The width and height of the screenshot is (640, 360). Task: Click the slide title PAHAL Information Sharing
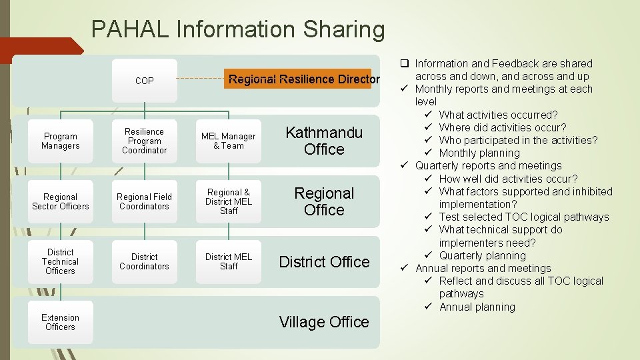pos(238,30)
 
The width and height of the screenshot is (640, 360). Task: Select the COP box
pos(144,81)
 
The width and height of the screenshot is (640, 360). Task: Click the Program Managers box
pos(60,141)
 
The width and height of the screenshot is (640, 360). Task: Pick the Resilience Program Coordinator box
pos(144,141)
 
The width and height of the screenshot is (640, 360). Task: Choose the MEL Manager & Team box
pos(229,141)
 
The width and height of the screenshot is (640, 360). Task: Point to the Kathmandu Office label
pos(324,141)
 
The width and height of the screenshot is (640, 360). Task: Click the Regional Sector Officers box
pos(60,202)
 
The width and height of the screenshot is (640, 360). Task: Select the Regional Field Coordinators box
pos(144,202)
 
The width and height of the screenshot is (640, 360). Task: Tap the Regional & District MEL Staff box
pos(229,202)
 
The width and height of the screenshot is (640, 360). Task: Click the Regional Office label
pos(324,202)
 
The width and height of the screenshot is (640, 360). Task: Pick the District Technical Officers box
pos(60,262)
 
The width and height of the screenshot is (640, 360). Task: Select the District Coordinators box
pos(144,262)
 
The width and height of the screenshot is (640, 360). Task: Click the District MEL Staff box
pos(229,262)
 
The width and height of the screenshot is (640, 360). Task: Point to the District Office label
pos(324,262)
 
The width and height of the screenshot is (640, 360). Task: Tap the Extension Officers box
pos(60,323)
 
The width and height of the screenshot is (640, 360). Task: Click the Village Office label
pos(324,323)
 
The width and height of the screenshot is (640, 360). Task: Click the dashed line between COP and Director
pos(202,79)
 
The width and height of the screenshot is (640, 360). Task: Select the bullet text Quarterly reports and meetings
pos(488,166)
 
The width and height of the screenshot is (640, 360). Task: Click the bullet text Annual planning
pos(477,307)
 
